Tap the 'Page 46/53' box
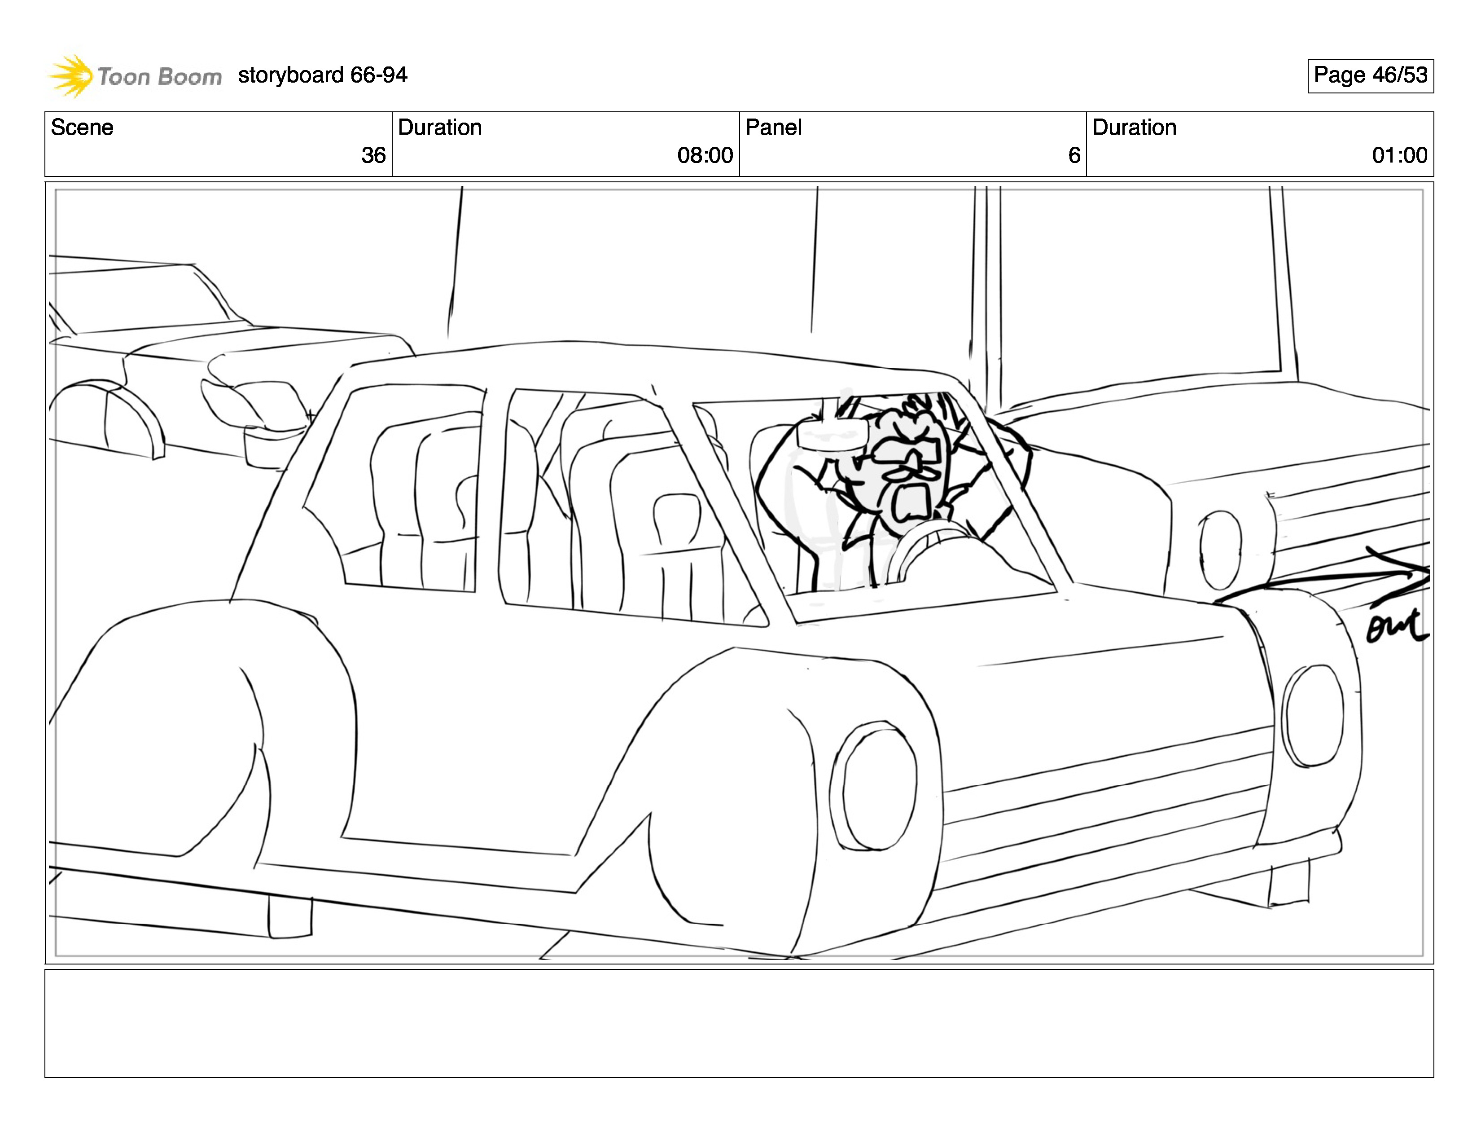(1370, 75)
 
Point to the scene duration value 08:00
(705, 155)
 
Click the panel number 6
(1074, 155)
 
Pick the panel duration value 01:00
(1399, 155)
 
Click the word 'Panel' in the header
(773, 128)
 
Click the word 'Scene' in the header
(82, 128)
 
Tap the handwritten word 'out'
(1396, 626)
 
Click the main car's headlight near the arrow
(1313, 716)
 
